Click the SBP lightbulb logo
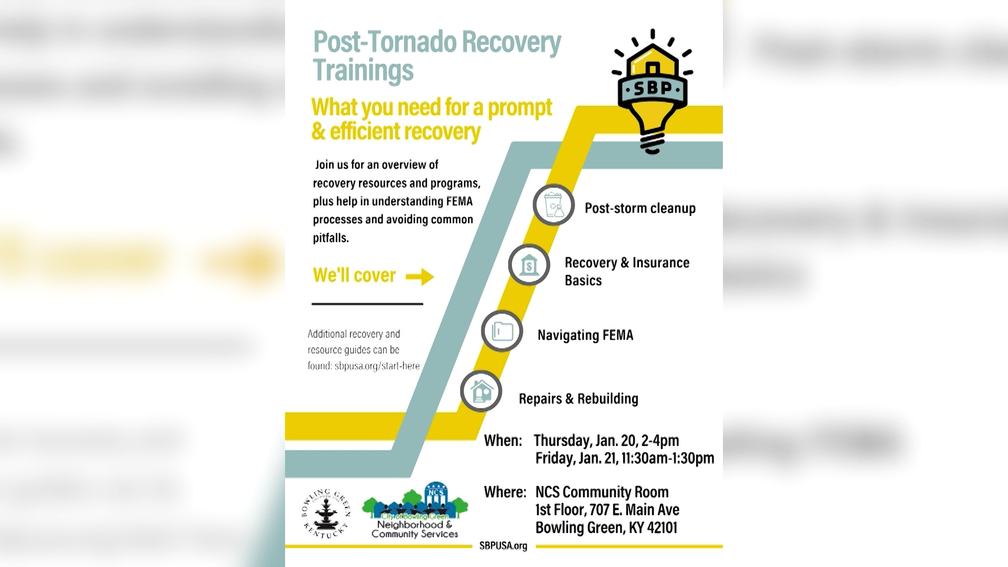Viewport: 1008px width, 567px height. (653, 92)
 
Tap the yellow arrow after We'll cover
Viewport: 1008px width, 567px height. (420, 276)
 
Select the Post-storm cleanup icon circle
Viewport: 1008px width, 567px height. (554, 205)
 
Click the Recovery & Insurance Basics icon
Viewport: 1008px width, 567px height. (529, 265)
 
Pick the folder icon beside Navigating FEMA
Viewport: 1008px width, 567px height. (502, 331)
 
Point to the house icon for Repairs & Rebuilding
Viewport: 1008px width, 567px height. (481, 391)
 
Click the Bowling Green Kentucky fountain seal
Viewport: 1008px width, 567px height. (326, 513)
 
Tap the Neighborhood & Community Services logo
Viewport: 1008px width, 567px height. (415, 512)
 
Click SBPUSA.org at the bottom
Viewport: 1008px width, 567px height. (503, 546)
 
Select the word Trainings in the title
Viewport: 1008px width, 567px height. (363, 70)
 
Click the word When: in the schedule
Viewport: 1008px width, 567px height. (503, 440)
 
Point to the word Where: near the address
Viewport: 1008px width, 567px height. (505, 492)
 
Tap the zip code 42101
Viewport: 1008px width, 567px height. (660, 528)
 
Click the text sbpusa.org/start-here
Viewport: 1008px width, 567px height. (377, 366)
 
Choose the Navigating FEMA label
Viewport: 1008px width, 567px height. (585, 335)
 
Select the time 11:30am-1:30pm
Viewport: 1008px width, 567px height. (668, 458)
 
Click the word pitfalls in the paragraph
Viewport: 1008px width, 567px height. (331, 238)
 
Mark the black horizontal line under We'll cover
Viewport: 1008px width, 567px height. (367, 303)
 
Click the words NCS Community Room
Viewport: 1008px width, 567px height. (602, 492)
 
